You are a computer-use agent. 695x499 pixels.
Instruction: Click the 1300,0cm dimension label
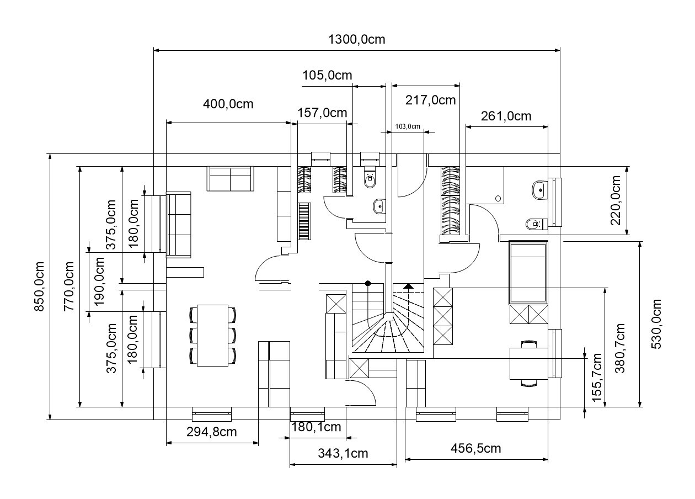coord(356,39)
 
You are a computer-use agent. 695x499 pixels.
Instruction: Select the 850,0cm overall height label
coord(39,286)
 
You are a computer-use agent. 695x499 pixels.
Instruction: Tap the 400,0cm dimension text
coord(228,104)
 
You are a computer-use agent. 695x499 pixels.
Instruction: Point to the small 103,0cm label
coord(408,126)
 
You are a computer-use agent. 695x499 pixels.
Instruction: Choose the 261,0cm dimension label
coord(506,116)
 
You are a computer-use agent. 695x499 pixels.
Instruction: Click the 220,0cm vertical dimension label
coord(615,200)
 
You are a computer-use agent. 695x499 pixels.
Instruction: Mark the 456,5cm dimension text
coord(475,448)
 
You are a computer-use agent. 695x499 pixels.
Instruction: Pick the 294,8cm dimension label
coord(211,432)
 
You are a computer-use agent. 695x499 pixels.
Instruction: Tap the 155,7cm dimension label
coord(597,378)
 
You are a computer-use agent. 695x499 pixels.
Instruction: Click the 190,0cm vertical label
coord(99,282)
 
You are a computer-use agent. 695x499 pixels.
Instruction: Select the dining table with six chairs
coord(212,336)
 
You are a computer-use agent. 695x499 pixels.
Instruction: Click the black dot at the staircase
coord(368,283)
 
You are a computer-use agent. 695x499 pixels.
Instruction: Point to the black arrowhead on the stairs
coord(408,286)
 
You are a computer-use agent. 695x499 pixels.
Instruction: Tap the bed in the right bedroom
coord(528,273)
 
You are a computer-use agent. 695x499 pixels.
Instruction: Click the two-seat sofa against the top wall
coord(230,178)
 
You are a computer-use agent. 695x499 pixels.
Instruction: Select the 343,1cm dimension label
coord(343,453)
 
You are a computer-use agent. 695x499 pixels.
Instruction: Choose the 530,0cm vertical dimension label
coord(656,324)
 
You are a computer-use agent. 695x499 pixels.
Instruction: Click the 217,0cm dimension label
coord(430,100)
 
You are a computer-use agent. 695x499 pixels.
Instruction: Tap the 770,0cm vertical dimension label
coord(69,286)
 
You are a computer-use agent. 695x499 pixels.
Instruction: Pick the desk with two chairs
coord(528,363)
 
